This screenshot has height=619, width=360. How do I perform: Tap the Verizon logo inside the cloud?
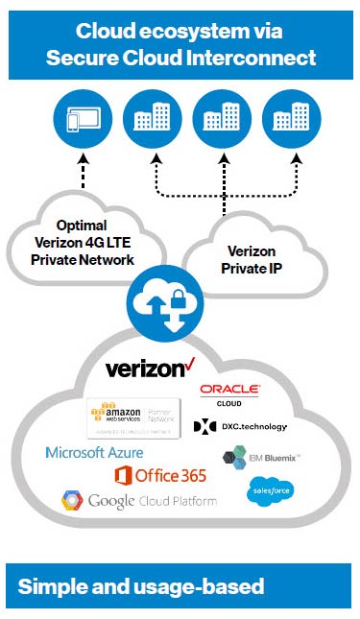pos(145,369)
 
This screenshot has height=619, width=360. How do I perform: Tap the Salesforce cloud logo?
pos(270,491)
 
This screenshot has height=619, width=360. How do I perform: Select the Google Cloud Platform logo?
pos(138,501)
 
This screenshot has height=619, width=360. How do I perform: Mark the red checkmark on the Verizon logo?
pos(188,362)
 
